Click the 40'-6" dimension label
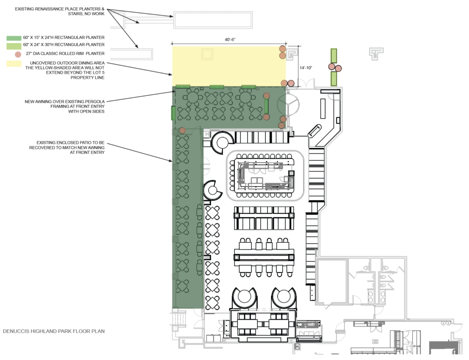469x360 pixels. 230,39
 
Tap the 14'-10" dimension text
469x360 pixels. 305,68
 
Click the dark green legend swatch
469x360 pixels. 14,38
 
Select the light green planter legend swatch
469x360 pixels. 14,46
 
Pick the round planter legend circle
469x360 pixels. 18,55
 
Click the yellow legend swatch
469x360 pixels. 14,63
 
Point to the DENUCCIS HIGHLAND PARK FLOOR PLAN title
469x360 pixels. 54,331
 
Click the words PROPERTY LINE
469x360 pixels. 87,77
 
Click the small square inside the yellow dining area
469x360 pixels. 207,55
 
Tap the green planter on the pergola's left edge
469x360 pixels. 173,113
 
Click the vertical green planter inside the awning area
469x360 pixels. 266,106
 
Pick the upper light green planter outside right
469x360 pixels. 333,56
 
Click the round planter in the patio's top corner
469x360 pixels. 182,131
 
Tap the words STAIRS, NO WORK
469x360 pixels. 86,14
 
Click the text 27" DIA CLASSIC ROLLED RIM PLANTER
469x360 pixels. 65,54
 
